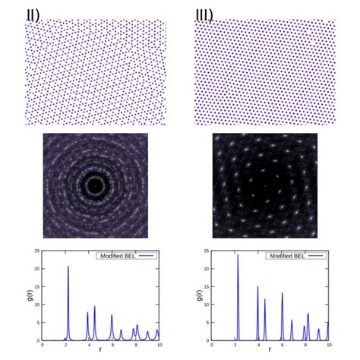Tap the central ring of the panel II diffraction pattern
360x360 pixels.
[95, 185]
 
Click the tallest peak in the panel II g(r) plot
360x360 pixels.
[68, 267]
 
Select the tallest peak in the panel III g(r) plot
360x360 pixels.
[238, 255]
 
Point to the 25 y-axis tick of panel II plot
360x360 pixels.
[37, 251]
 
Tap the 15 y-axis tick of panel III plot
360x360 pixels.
[207, 286]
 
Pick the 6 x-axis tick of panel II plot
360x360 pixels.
[112, 345]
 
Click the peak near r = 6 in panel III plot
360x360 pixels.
[282, 293]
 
